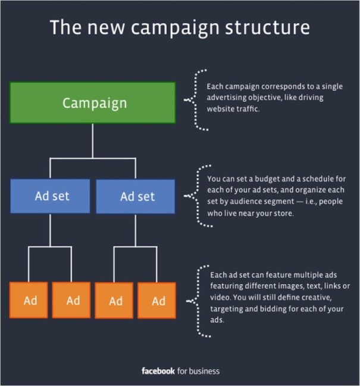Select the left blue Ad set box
coord(50,196)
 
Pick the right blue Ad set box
coord(135,196)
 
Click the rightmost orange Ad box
coord(157,300)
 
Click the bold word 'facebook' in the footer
coord(158,371)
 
